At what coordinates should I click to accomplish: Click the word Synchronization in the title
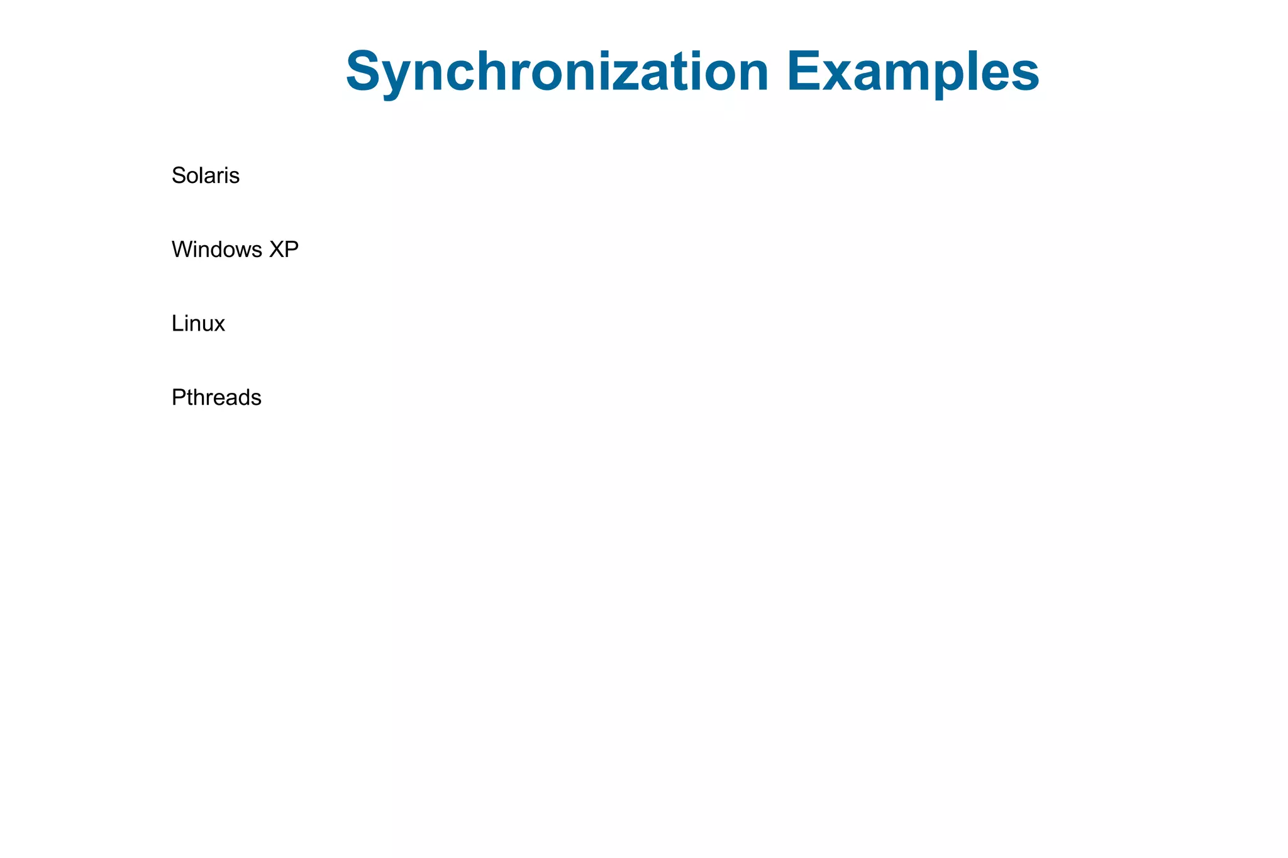[557, 72]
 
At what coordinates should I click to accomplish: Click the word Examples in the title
[913, 72]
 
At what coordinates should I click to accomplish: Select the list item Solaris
[206, 175]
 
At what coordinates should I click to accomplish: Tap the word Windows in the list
[217, 250]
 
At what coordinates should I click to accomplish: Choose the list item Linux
[198, 324]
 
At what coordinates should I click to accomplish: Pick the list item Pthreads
[216, 398]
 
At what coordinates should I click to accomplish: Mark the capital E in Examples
[804, 72]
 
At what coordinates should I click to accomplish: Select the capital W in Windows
[183, 250]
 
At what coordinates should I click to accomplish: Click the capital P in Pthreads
[178, 398]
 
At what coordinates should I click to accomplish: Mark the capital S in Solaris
[179, 175]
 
